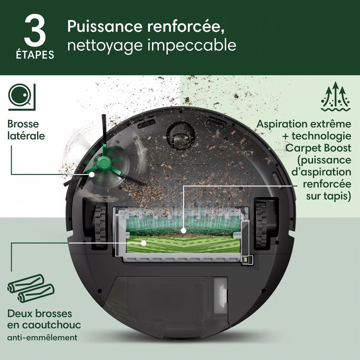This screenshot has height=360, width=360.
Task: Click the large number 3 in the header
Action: tap(35, 31)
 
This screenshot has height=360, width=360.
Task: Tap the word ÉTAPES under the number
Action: tap(35, 55)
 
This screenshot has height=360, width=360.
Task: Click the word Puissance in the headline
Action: tap(105, 27)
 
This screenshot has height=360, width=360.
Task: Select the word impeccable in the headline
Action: tap(192, 45)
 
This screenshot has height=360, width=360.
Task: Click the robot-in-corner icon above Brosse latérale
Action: tap(22, 97)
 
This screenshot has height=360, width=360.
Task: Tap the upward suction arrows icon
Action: tap(336, 96)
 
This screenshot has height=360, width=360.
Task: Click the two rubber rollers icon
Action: tap(31, 288)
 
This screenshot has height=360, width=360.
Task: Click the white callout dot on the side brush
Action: tap(92, 174)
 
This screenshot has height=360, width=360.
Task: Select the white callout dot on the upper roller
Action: tap(183, 230)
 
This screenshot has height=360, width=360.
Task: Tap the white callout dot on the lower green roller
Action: tap(144, 243)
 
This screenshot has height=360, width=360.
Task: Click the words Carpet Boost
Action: tap(318, 148)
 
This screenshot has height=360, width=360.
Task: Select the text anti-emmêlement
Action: tap(42, 338)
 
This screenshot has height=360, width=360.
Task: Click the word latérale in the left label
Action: tap(26, 136)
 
